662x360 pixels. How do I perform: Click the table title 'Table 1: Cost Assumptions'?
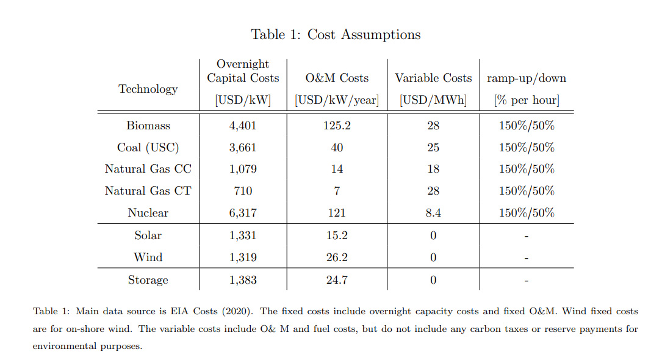tap(336, 34)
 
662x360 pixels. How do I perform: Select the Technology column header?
tap(148, 89)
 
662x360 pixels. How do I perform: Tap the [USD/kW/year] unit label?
tap(337, 100)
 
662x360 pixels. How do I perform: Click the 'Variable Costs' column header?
tap(433, 78)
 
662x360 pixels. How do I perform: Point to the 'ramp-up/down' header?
tap(526, 78)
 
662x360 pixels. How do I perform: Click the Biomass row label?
tap(148, 126)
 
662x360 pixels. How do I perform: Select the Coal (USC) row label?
tap(148, 148)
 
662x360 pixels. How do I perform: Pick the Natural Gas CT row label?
tap(148, 191)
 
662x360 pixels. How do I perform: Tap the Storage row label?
tap(148, 280)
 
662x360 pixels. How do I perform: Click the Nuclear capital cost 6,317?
tap(243, 213)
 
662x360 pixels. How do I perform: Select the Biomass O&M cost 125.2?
tap(337, 126)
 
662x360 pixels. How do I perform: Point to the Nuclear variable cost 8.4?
tap(433, 213)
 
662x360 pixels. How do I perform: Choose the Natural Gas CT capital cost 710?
tap(243, 191)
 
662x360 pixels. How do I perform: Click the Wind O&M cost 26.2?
tap(337, 257)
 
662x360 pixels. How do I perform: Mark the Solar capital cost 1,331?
tap(243, 236)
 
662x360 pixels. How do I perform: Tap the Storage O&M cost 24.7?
tap(337, 280)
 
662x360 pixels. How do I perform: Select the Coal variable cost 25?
tap(433, 148)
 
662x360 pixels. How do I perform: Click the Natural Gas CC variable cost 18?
tap(433, 169)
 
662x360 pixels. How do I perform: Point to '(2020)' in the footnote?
tap(239, 311)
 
